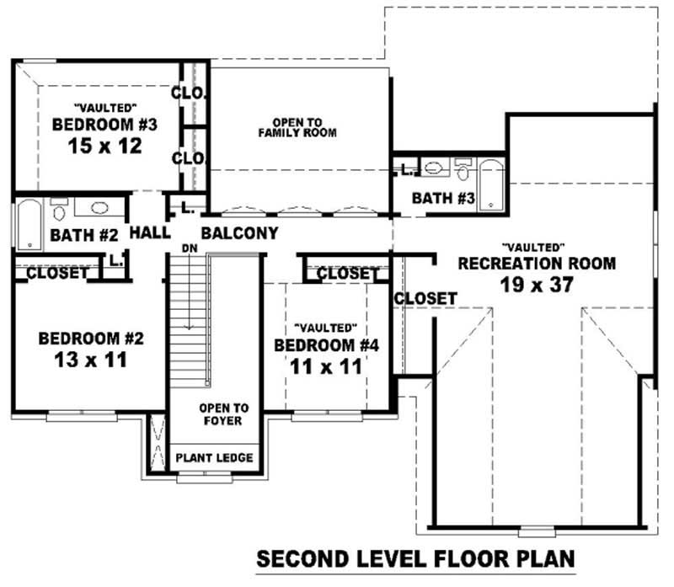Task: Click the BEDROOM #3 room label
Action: point(105,125)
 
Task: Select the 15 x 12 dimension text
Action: point(105,146)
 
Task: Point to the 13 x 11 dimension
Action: point(92,360)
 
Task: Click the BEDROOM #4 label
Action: point(327,346)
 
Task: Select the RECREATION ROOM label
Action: point(537,264)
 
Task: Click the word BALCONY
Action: point(240,233)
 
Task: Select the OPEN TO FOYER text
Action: point(223,414)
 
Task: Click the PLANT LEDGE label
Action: point(214,458)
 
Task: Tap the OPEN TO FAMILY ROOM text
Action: point(297,127)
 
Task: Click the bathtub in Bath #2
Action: point(29,223)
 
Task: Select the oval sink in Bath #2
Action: point(99,207)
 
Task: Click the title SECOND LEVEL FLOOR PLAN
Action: point(415,558)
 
